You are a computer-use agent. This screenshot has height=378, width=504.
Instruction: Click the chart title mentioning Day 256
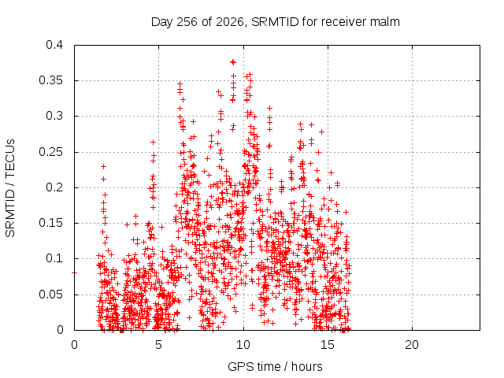tap(276, 22)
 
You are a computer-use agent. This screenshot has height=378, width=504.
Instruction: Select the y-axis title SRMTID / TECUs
tap(10, 188)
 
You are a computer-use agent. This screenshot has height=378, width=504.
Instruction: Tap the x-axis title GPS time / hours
tap(275, 366)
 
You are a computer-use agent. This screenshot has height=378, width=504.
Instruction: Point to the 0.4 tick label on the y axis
tap(54, 45)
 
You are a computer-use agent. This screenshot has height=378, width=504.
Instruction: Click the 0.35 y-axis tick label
tap(51, 80)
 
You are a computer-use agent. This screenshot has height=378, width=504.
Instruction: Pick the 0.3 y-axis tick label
tap(54, 116)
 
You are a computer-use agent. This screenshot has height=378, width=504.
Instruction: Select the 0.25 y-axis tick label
tap(51, 152)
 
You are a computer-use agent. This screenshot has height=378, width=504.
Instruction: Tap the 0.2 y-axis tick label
tap(54, 187)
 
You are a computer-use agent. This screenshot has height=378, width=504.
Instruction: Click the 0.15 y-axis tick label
tap(51, 223)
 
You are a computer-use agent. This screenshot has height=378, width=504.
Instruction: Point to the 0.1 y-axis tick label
tap(54, 258)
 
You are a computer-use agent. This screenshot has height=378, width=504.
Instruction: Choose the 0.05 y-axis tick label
tap(51, 295)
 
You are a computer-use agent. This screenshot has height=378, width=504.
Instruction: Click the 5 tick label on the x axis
tap(159, 345)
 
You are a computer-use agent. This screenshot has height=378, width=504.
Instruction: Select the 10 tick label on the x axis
tap(243, 345)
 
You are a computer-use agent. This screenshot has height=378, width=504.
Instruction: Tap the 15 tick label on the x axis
tap(328, 345)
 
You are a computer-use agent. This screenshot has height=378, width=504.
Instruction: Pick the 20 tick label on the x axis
tap(412, 345)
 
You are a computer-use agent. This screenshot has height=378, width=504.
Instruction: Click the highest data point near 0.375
tap(233, 62)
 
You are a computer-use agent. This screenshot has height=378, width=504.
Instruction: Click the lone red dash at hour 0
tap(74, 273)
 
